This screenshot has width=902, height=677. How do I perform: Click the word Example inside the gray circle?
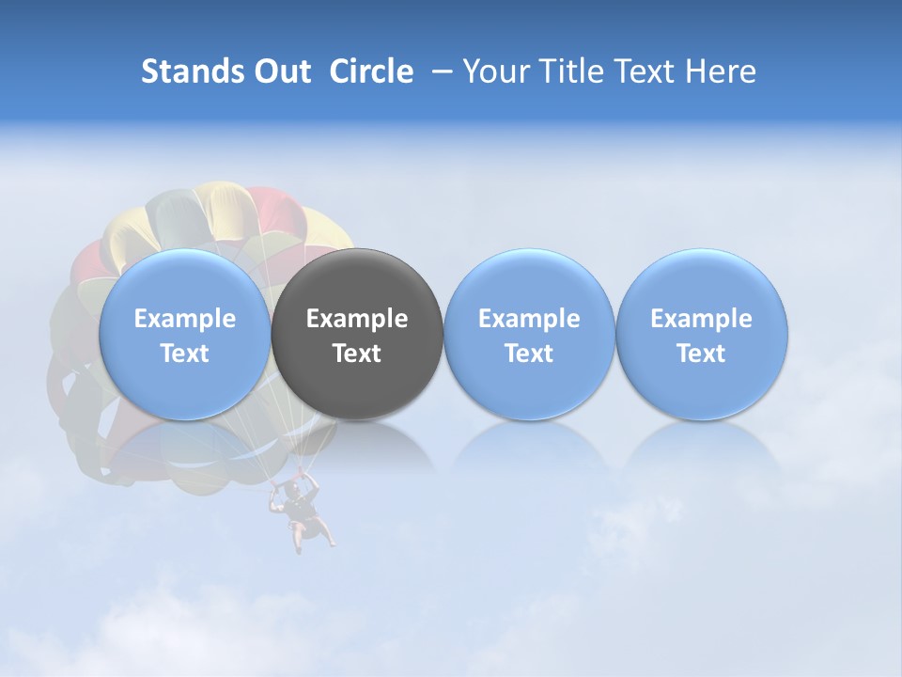(x=357, y=319)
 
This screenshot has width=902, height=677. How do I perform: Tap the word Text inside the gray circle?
(x=357, y=354)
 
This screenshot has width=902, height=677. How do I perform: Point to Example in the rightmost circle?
(x=701, y=319)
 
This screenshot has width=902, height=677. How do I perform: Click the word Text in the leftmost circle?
(x=184, y=354)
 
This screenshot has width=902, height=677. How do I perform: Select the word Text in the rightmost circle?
(x=701, y=354)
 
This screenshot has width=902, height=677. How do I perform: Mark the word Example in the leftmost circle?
(x=184, y=319)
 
